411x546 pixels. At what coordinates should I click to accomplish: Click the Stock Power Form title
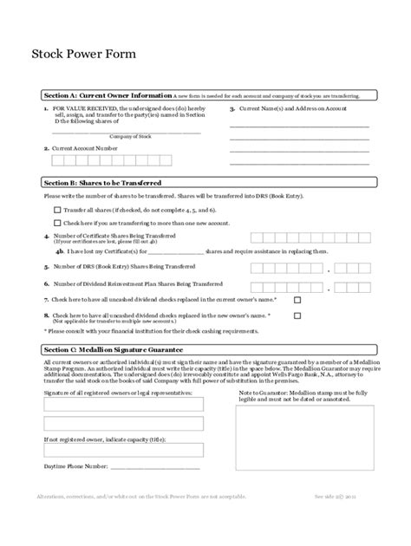pyautogui.click(x=83, y=53)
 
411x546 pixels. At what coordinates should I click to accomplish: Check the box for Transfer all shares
pyautogui.click(x=57, y=210)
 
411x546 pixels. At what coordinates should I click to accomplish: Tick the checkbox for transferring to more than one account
pyautogui.click(x=57, y=223)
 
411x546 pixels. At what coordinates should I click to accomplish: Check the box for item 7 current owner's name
pyautogui.click(x=297, y=299)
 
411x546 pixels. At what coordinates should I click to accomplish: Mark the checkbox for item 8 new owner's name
pyautogui.click(x=297, y=315)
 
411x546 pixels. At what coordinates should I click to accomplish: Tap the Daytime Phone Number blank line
pyautogui.click(x=156, y=468)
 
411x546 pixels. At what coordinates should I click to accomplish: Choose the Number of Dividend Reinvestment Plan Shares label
pyautogui.click(x=139, y=283)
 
